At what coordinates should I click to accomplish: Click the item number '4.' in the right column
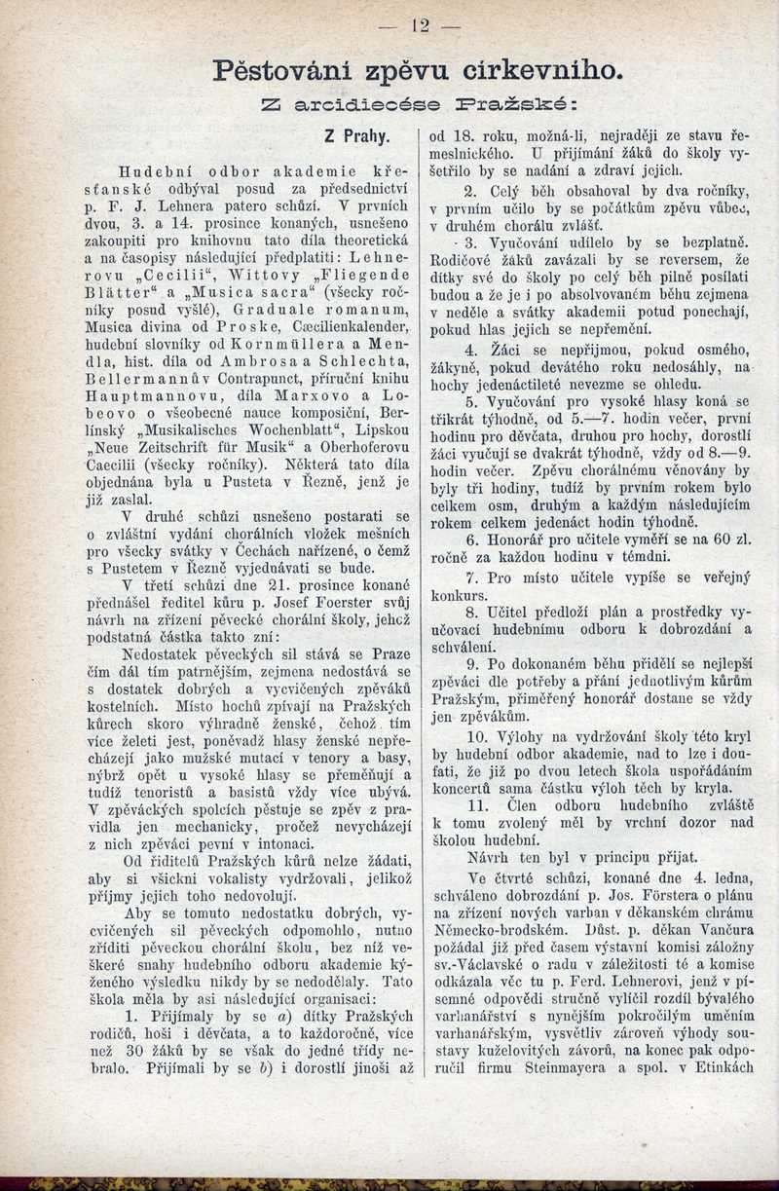click(471, 349)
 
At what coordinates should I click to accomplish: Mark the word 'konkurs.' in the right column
click(459, 596)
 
